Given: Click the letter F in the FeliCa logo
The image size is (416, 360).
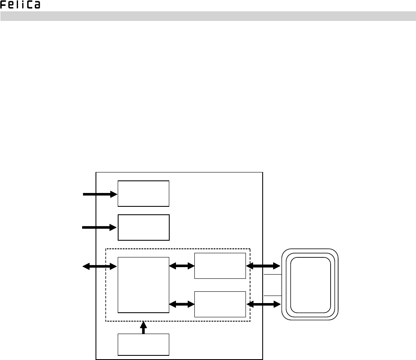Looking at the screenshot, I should [4, 5].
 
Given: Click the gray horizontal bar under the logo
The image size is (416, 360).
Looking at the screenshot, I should [208, 16].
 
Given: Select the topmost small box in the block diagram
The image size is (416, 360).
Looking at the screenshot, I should [143, 193].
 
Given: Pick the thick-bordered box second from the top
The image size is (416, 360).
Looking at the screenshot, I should [144, 227].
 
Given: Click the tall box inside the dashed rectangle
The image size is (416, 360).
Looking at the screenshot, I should [144, 285].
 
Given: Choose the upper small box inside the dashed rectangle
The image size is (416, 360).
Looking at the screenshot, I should [220, 265].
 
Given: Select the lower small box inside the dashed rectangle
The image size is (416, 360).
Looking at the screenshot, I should [220, 304].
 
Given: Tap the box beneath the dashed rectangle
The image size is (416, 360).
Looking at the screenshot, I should [143, 345].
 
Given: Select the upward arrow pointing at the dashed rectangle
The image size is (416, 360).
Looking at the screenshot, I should [143, 327].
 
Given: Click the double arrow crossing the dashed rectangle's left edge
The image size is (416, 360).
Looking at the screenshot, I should [100, 266].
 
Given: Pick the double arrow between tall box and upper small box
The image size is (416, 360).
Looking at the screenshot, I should [182, 265].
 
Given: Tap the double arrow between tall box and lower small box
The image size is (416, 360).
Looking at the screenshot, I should [182, 304].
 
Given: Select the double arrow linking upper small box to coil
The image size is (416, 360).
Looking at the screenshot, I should [263, 265].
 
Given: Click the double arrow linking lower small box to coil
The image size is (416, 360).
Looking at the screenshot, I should [263, 304].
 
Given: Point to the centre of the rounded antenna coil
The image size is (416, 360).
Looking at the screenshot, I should [310, 285].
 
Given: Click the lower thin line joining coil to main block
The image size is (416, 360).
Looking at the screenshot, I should [273, 295].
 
